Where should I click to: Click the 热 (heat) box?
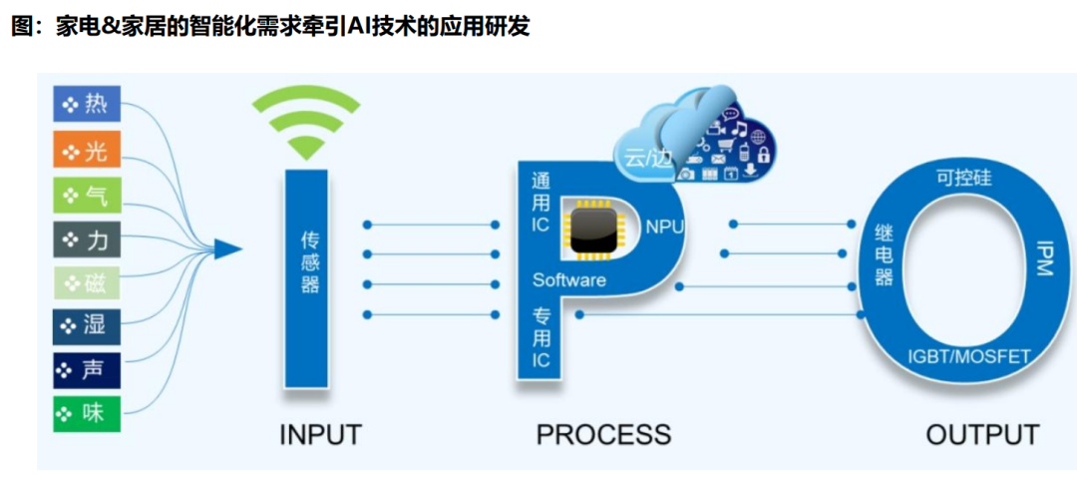click(x=87, y=104)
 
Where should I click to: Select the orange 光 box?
click(x=87, y=151)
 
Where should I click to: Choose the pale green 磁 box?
click(x=87, y=283)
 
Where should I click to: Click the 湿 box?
click(x=87, y=325)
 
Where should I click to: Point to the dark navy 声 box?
click(x=87, y=369)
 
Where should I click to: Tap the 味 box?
click(x=87, y=413)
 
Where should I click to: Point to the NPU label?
click(x=664, y=227)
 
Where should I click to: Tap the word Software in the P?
click(x=568, y=280)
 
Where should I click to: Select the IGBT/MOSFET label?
click(x=968, y=355)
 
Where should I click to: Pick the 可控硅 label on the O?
click(x=963, y=179)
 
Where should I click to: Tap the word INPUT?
click(x=320, y=435)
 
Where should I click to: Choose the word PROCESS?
click(x=603, y=435)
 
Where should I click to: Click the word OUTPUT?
click(x=982, y=435)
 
